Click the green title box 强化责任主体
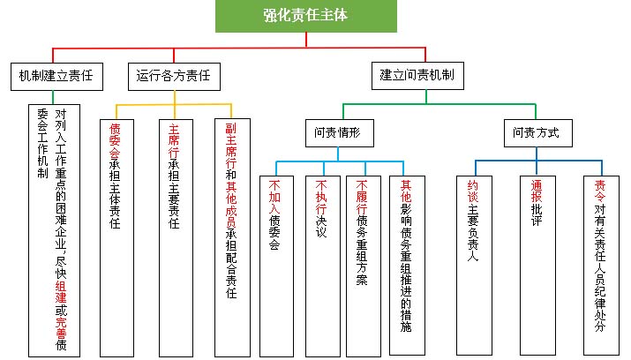click(x=306, y=16)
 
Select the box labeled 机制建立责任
click(x=55, y=77)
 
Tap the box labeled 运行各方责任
click(x=173, y=77)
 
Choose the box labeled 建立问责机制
click(x=417, y=77)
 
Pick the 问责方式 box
click(x=537, y=134)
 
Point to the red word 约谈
click(x=473, y=191)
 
